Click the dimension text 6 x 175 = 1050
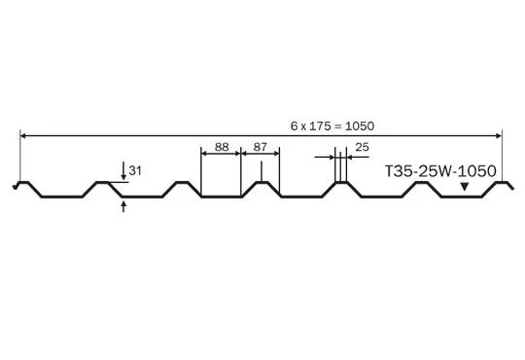tap(332, 126)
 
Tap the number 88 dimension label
tap(222, 147)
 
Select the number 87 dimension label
tap(261, 147)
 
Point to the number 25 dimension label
tap(362, 147)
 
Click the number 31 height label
tap(135, 170)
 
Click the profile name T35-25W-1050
tap(440, 171)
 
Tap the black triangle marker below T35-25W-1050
tap(464, 187)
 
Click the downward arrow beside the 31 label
tap(123, 171)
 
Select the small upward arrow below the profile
tap(123, 206)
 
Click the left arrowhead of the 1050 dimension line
tap(22, 136)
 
